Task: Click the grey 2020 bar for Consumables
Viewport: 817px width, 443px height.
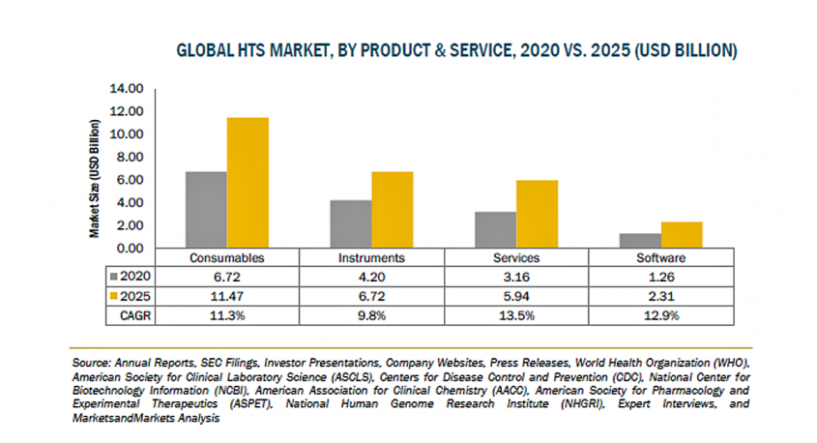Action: [206, 210]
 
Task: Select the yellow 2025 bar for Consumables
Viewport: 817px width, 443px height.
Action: [248, 183]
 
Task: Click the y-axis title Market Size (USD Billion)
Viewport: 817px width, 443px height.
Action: [96, 179]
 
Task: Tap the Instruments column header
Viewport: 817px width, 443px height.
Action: [365, 259]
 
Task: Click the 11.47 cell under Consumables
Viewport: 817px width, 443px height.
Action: [226, 296]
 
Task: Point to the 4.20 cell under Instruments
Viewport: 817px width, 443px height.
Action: [365, 278]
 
